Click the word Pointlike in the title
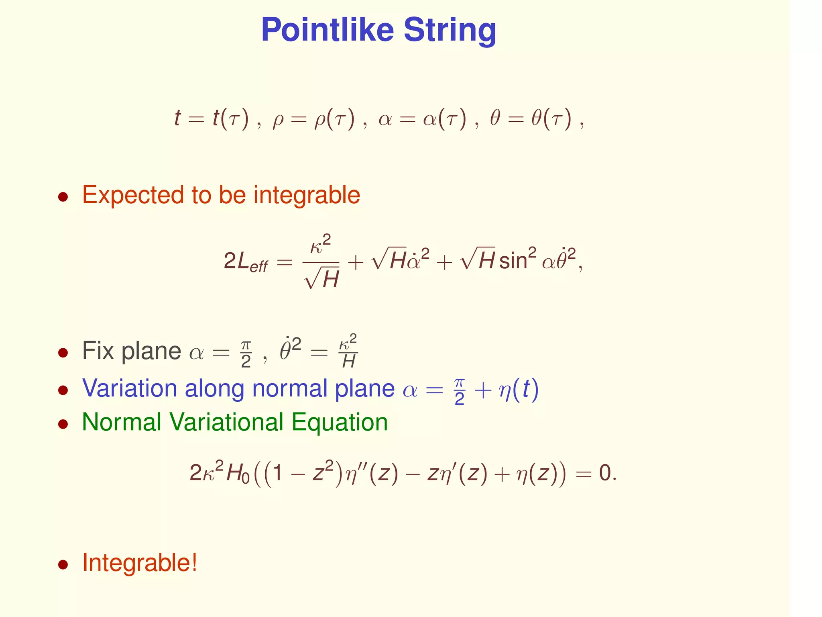(327, 30)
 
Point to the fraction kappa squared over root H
(321, 262)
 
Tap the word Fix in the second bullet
(98, 351)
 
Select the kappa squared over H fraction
(348, 351)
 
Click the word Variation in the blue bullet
(129, 388)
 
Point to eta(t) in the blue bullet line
(518, 389)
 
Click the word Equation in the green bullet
(340, 423)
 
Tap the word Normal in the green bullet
(121, 423)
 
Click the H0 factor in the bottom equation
(238, 473)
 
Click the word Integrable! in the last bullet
(140, 562)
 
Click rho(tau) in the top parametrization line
(335, 119)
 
